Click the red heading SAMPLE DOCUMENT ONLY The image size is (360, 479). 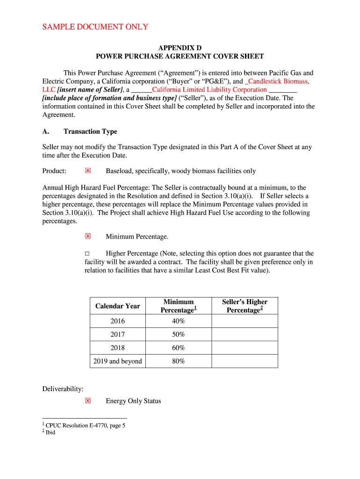(x=95, y=27)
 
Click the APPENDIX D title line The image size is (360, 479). (x=180, y=48)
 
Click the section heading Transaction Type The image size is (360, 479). (x=90, y=131)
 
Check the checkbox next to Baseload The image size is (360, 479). (x=87, y=171)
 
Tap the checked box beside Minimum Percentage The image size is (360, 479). (x=87, y=237)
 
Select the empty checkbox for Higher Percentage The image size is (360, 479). (x=87, y=254)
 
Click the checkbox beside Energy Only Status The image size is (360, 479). (x=87, y=401)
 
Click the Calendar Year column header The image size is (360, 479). (x=118, y=306)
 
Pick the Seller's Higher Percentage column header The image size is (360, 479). (x=245, y=306)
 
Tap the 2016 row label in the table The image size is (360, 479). (x=118, y=321)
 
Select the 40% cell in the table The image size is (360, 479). (x=178, y=321)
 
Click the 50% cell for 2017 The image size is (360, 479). (x=178, y=334)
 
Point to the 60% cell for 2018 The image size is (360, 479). (x=178, y=348)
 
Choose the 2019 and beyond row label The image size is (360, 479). (x=118, y=361)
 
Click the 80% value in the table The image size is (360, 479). (x=178, y=361)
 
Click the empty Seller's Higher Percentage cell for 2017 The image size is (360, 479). (x=245, y=334)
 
